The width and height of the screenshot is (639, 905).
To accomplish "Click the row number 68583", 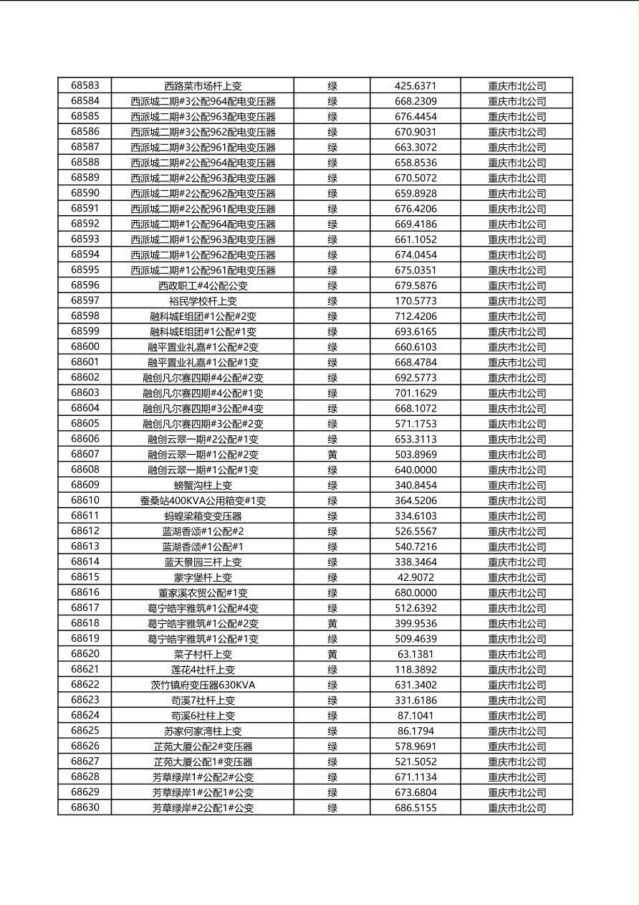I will point(85,85).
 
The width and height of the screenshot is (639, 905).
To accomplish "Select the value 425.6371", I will point(415,85).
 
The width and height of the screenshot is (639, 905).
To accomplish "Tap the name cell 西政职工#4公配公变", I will point(203,285).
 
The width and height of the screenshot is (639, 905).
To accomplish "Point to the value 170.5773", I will point(415,300).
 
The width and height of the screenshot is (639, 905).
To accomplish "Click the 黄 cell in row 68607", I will point(332,454).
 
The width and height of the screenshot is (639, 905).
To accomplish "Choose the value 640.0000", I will point(415,470).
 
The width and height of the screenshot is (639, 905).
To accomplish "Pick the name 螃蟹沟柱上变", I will point(203,485).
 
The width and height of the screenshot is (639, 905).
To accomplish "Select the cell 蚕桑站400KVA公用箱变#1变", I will point(203,501).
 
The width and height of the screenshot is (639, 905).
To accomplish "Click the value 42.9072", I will point(415,577).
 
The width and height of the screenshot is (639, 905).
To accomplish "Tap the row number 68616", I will point(85,592).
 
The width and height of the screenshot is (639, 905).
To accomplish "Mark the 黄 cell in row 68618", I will point(332,623).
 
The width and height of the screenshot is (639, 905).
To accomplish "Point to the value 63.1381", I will point(415,654).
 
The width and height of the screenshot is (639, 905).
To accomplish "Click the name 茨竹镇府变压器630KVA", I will point(203,685).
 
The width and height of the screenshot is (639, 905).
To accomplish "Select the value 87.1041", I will point(415,716).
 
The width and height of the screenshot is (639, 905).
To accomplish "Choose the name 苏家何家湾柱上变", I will point(203,731).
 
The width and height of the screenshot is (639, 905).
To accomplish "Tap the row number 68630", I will point(85,807).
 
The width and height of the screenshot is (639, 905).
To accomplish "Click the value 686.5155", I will point(415,807).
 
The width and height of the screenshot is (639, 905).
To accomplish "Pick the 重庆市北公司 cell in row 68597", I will point(517,300).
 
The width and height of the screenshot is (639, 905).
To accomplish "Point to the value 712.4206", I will point(415,316).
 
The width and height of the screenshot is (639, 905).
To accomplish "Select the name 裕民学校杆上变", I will point(203,300).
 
